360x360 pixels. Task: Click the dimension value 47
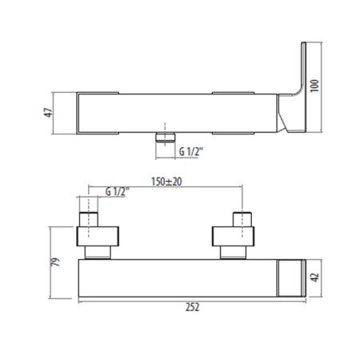(49, 113)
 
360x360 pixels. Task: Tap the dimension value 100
(314, 86)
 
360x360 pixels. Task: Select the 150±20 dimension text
(166, 182)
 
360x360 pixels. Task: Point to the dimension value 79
(55, 262)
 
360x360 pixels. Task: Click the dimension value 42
(315, 277)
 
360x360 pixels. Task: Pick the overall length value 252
(192, 307)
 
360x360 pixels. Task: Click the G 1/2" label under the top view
(191, 152)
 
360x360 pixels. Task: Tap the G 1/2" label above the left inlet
(118, 191)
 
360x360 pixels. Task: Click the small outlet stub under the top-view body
(166, 137)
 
